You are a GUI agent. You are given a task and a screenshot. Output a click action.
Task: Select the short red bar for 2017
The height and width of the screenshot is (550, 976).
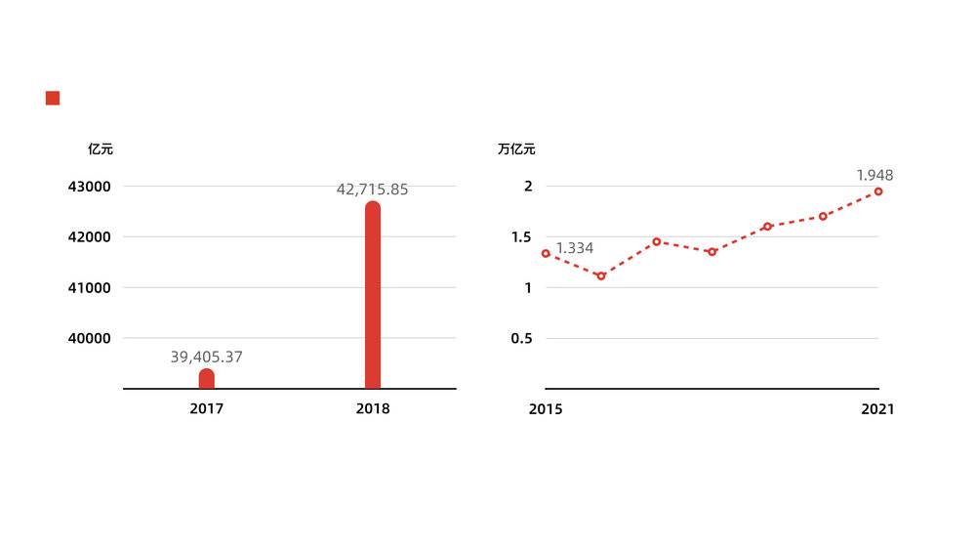point(207,379)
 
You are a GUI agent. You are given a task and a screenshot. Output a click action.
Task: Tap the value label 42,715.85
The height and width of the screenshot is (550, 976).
point(372,190)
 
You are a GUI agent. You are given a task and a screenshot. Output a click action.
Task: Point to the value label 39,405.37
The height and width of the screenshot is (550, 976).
point(206,358)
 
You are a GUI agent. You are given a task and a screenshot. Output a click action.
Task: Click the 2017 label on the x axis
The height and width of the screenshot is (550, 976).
point(207,409)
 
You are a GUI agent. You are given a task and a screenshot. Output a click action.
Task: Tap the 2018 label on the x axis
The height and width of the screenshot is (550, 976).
point(373,409)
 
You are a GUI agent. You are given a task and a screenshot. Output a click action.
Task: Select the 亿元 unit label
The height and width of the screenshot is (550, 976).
point(101,149)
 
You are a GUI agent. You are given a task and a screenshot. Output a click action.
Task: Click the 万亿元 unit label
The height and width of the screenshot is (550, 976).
point(516,149)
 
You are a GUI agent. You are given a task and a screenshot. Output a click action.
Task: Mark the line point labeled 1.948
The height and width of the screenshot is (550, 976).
point(878,191)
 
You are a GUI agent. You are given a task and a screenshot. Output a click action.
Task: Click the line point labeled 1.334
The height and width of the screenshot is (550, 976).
point(546,253)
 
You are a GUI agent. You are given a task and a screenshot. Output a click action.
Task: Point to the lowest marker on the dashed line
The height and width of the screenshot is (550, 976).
point(601,276)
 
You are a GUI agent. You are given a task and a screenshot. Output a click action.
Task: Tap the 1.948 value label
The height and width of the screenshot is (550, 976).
point(874,175)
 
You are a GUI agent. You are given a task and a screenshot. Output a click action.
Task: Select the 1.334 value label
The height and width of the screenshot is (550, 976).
point(575,248)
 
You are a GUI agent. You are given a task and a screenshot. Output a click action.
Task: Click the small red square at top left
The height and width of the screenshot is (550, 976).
point(53,98)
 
